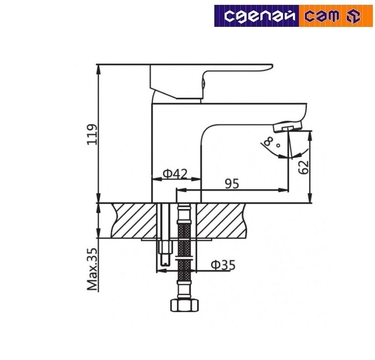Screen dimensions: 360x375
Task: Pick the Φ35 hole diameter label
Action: coord(223,265)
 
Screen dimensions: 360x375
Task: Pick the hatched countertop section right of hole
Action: coord(222,220)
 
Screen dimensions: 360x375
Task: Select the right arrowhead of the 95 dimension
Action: coord(286,191)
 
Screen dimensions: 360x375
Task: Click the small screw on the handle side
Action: coord(203,82)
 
